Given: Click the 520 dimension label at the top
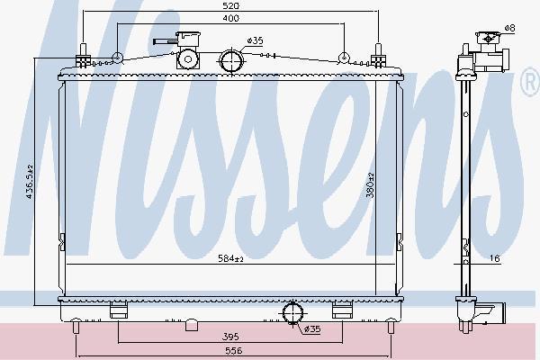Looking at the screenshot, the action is [x=230, y=6].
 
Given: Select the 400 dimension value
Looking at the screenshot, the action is [x=230, y=18].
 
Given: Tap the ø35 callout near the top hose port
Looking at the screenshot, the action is [x=255, y=40].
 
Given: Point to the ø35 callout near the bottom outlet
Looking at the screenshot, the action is [x=312, y=329].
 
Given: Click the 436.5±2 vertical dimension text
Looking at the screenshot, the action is [x=29, y=182].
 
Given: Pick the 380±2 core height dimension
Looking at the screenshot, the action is [x=370, y=185].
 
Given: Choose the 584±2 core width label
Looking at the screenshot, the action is [x=230, y=258].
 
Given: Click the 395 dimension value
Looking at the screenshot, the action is [x=230, y=337].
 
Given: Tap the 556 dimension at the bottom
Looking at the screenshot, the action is [x=234, y=351].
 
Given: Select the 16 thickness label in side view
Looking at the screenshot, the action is [x=494, y=258].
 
